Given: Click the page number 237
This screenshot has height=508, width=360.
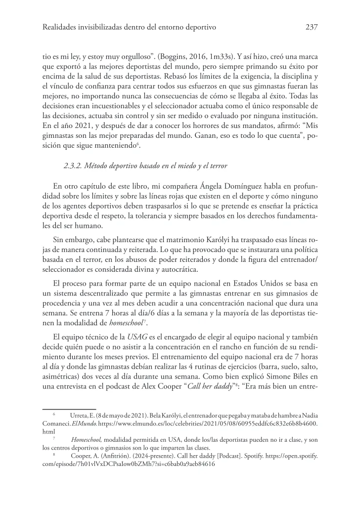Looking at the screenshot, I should pyautogui.click(x=311, y=27).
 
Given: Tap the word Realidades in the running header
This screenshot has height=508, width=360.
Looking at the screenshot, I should pyautogui.click(x=62, y=27).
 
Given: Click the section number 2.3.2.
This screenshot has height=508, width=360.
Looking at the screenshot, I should pyautogui.click(x=74, y=167).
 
